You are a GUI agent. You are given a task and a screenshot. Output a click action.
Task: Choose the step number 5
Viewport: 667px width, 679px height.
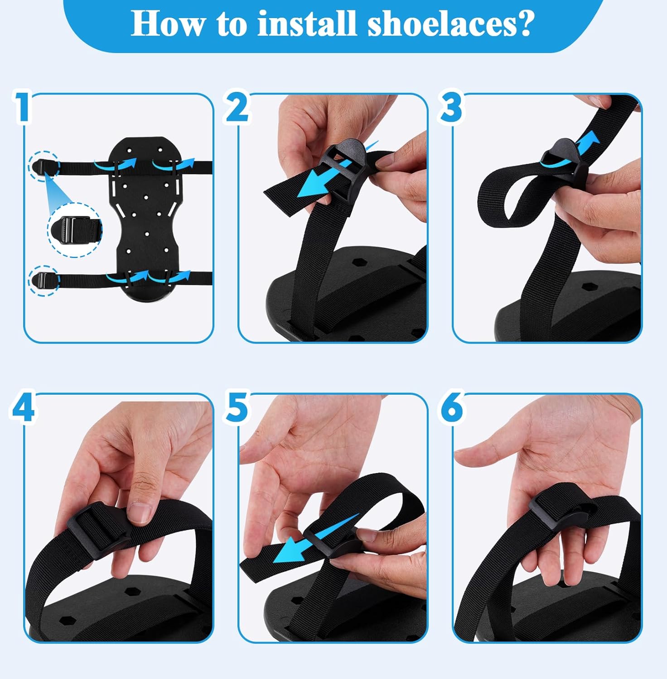tap(237, 406)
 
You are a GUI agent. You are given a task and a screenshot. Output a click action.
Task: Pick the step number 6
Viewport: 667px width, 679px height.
tap(451, 406)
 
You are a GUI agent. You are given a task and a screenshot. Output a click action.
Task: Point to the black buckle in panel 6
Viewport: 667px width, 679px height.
tap(558, 513)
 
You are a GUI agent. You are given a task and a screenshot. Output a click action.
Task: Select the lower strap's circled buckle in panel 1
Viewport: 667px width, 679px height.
tap(44, 281)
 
